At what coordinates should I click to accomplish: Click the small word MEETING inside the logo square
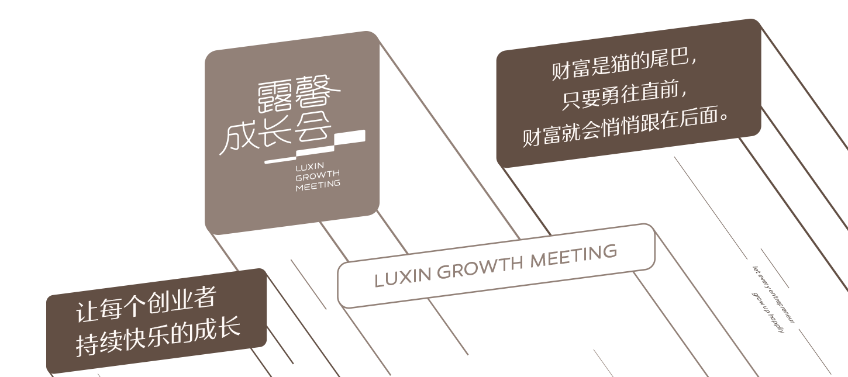tap(318, 185)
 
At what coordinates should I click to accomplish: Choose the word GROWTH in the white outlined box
tap(480, 266)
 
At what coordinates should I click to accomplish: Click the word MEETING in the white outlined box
tap(573, 255)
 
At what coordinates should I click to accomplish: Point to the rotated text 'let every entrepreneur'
tap(773, 295)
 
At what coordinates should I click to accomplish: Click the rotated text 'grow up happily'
tap(767, 312)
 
